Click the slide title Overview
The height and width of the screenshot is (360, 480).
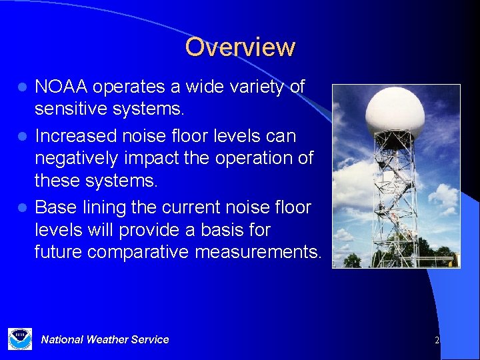pyautogui.click(x=240, y=47)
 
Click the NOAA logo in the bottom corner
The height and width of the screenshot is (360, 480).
pyautogui.click(x=20, y=339)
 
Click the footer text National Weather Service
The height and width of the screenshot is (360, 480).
pyautogui.click(x=105, y=339)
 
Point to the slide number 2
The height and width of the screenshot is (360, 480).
pyautogui.click(x=437, y=340)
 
